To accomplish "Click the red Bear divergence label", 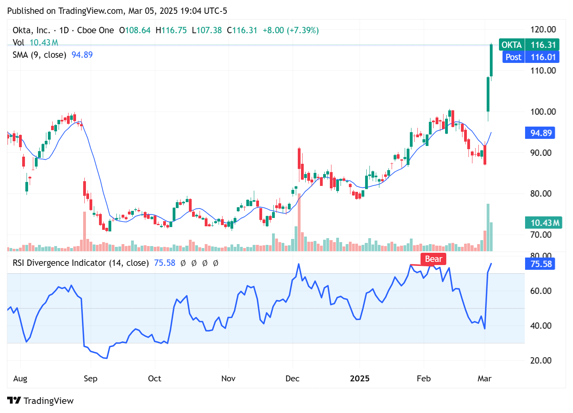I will (x=433, y=259).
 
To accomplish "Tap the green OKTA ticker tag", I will (x=512, y=45).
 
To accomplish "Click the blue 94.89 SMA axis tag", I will (x=541, y=133).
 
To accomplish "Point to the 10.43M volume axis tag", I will (x=544, y=223).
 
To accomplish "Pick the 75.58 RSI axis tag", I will (x=541, y=264).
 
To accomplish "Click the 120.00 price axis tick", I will (x=543, y=29).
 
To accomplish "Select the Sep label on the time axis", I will (x=90, y=379).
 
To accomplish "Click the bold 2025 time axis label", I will (x=360, y=379).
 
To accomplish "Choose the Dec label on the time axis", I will (x=292, y=379).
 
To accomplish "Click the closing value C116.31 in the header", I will (x=242, y=30).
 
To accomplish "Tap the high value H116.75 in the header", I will (x=171, y=30).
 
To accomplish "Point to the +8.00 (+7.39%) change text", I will (x=291, y=30).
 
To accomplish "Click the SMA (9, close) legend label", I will (x=39, y=55).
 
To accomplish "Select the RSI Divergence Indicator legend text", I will (x=80, y=263).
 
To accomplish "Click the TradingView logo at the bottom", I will (x=40, y=401).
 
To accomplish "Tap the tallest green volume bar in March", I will (x=488, y=227).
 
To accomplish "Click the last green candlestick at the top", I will (x=491, y=60).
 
